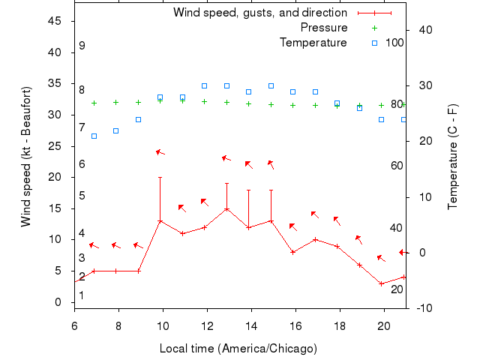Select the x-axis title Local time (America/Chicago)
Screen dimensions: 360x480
pyautogui.click(x=238, y=349)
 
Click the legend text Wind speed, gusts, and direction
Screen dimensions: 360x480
pyautogui.click(x=260, y=13)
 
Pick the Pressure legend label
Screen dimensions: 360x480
pyautogui.click(x=324, y=28)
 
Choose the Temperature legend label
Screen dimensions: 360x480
pyautogui.click(x=313, y=43)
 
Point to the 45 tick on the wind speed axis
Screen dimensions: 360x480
pyautogui.click(x=55, y=21)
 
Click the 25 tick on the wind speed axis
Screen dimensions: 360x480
pyautogui.click(x=55, y=146)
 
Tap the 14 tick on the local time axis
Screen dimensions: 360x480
pyautogui.click(x=250, y=325)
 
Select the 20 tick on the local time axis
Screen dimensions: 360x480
pyautogui.click(x=383, y=325)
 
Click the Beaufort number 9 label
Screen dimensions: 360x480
pyautogui.click(x=82, y=46)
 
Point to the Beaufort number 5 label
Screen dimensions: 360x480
pyautogui.click(x=82, y=196)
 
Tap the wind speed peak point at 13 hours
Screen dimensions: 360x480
pyautogui.click(x=226, y=208)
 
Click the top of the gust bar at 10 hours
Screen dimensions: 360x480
pyautogui.click(x=160, y=177)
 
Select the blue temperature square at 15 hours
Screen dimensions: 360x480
pyautogui.click(x=271, y=85)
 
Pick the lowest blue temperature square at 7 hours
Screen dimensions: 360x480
pyautogui.click(x=94, y=136)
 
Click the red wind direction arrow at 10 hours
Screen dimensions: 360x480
pyautogui.click(x=160, y=152)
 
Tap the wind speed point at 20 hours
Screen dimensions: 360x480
pyautogui.click(x=382, y=283)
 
